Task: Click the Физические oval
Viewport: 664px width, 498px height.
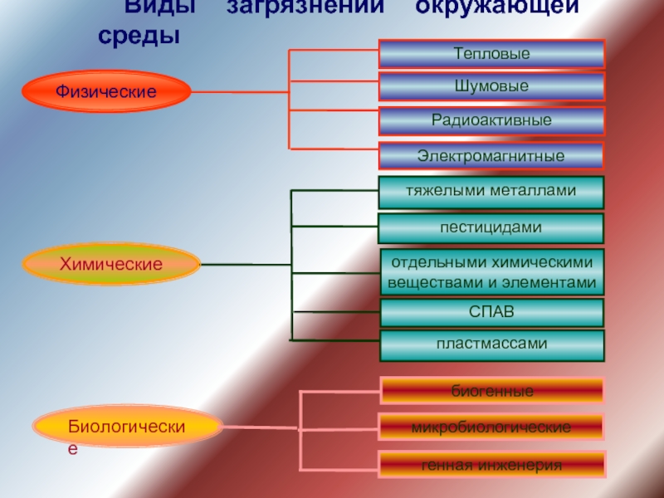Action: pyautogui.click(x=106, y=90)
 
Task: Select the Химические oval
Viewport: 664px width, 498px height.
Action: pyautogui.click(x=111, y=264)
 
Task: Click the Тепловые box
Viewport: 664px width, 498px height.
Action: pyautogui.click(x=491, y=54)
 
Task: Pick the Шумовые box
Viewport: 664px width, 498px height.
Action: pyautogui.click(x=491, y=86)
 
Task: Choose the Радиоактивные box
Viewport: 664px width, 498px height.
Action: pyautogui.click(x=491, y=120)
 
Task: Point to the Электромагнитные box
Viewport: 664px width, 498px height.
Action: pyautogui.click(x=491, y=155)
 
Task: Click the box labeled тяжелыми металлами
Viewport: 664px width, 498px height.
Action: pyautogui.click(x=491, y=192)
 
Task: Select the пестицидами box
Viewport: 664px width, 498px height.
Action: pyautogui.click(x=491, y=227)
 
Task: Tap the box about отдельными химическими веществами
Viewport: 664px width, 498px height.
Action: pyautogui.click(x=491, y=272)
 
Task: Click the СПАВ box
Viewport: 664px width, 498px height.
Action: pyautogui.click(x=491, y=312)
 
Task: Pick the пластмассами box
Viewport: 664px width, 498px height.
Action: pyautogui.click(x=491, y=344)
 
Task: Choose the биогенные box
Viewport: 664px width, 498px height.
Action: pyautogui.click(x=491, y=390)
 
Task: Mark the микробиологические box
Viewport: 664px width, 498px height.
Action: pyautogui.click(x=491, y=427)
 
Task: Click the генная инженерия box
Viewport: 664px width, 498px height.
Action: pyautogui.click(x=491, y=464)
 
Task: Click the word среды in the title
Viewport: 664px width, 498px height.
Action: pyautogui.click(x=137, y=36)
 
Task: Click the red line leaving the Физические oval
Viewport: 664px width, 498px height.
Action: pyautogui.click(x=241, y=90)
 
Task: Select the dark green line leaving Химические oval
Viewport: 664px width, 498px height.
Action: pyautogui.click(x=245, y=265)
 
